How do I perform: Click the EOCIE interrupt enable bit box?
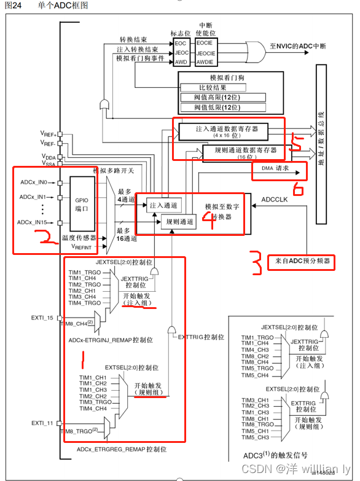[x=205, y=44]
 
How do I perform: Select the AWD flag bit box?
[x=181, y=61]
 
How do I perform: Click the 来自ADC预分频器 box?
[x=301, y=261]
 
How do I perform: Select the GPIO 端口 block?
[x=83, y=203]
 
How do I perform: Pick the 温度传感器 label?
[x=77, y=237]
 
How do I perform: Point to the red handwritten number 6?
[x=298, y=188]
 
